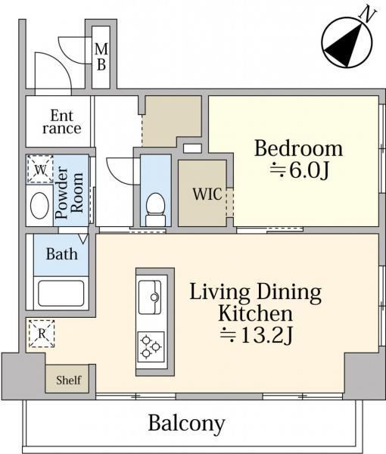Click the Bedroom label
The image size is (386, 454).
coord(298,148)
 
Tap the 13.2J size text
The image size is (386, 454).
coord(257,335)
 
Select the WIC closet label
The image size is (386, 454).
coord(207,194)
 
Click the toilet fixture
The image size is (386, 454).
coord(155,209)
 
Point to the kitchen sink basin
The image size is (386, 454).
coord(150,297)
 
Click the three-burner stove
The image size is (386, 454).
coord(151,347)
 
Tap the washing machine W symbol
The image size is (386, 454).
coord(41,169)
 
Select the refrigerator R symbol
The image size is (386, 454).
coord(42,334)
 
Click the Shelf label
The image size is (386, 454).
coord(69,380)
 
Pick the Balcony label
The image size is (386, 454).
coord(186,424)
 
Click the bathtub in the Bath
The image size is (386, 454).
coord(61,293)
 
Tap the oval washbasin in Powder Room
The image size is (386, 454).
coord(39,205)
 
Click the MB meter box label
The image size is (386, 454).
coord(101,57)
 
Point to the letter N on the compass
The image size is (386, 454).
coord(368,14)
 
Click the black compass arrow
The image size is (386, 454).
coord(344,45)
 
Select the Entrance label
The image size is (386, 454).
coord(61,122)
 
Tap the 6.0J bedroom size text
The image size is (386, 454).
coord(299,171)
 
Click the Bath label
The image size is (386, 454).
coord(62,254)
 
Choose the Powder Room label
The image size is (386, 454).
coord(69,192)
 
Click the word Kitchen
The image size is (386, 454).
coord(255,313)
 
